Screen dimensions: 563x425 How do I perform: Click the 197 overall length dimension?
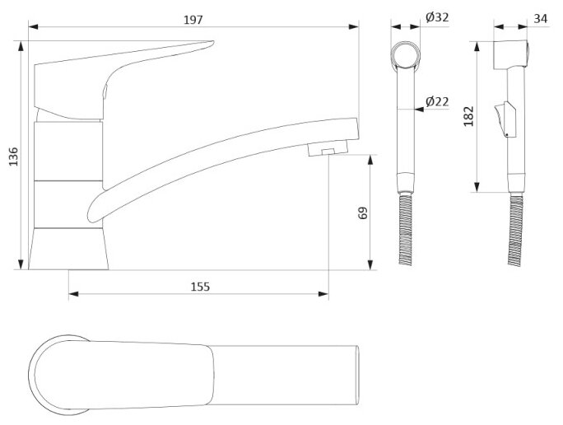[193, 18]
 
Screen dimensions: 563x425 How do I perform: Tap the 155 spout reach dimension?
[199, 287]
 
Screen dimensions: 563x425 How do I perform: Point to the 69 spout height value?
[363, 212]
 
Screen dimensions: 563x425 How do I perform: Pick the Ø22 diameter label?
[436, 101]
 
